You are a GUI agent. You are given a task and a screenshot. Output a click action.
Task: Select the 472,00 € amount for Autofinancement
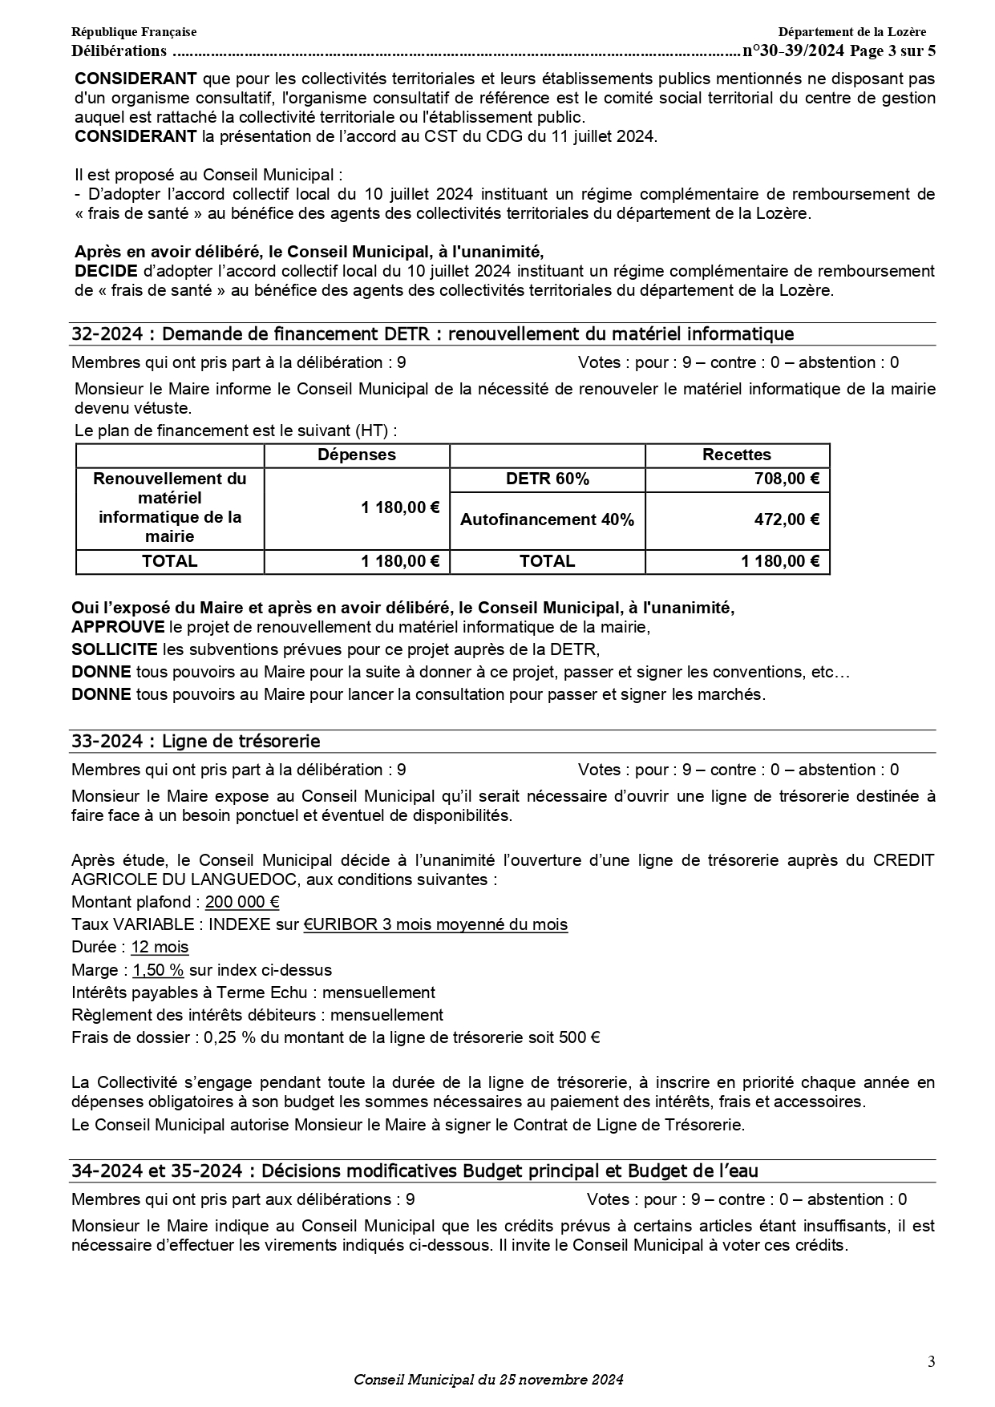point(787,520)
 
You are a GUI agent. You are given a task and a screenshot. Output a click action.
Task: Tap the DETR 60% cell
point(548,479)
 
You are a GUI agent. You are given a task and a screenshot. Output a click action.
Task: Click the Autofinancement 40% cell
point(547,520)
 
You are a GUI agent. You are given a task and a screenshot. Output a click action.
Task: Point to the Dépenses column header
point(357,455)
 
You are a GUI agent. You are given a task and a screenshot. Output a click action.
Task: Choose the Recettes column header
point(737,455)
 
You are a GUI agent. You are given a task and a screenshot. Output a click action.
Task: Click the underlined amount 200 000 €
point(242,902)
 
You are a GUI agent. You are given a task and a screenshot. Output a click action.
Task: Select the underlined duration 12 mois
point(160,947)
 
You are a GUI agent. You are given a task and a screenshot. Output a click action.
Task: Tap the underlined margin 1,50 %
point(158,970)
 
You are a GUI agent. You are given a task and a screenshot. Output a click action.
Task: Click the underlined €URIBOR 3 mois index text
point(435,924)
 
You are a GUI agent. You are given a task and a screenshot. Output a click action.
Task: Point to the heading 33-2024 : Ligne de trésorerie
point(196,742)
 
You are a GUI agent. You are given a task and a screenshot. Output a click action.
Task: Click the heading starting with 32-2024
point(432,334)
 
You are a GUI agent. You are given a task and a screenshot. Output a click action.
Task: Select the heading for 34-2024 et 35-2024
point(415,1171)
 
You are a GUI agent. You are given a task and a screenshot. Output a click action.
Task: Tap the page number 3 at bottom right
point(931,1361)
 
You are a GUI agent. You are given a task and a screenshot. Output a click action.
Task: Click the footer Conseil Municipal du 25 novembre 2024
point(488,1380)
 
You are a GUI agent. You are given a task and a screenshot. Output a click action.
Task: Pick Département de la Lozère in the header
point(851,32)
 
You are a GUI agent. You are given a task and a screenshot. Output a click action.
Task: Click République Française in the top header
point(134,32)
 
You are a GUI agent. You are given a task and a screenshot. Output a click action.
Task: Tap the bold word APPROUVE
point(118,627)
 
